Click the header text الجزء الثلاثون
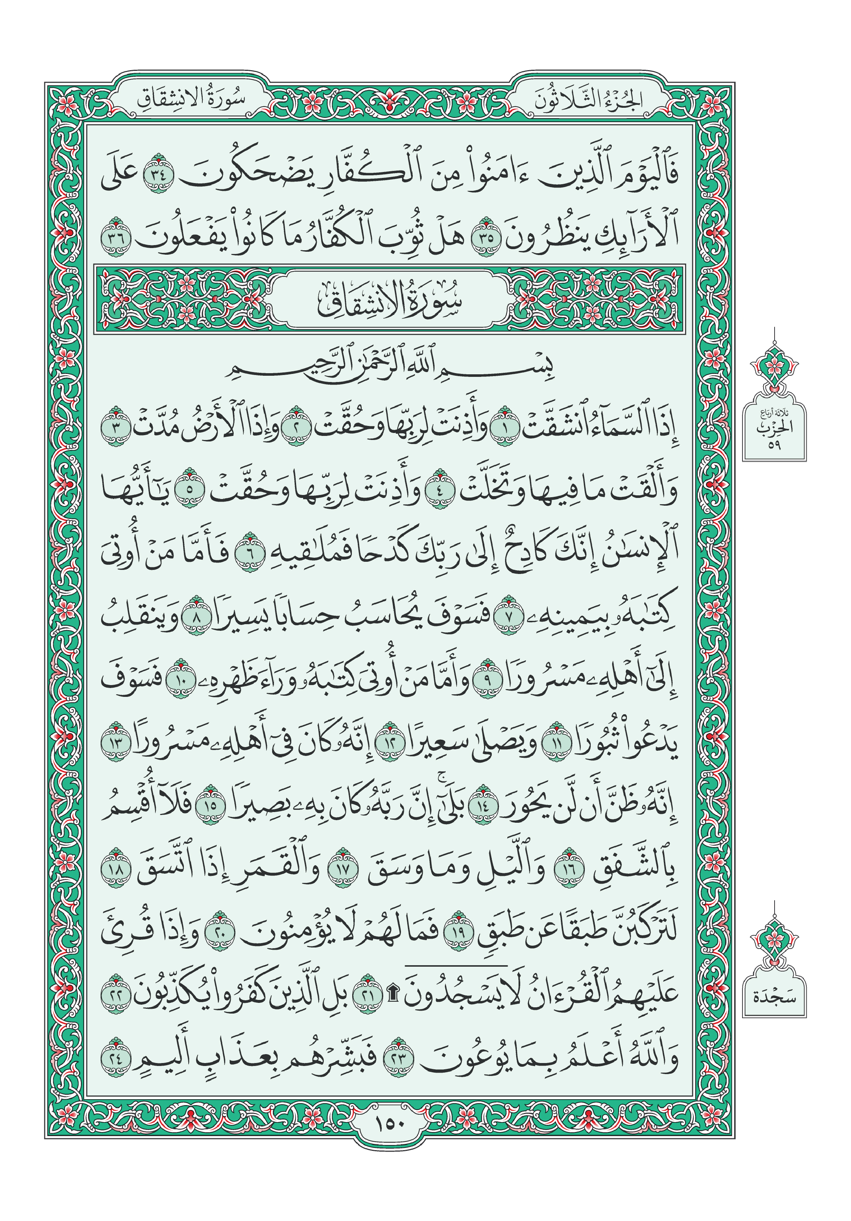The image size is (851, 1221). (589, 99)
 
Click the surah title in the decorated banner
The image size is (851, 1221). (390, 299)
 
